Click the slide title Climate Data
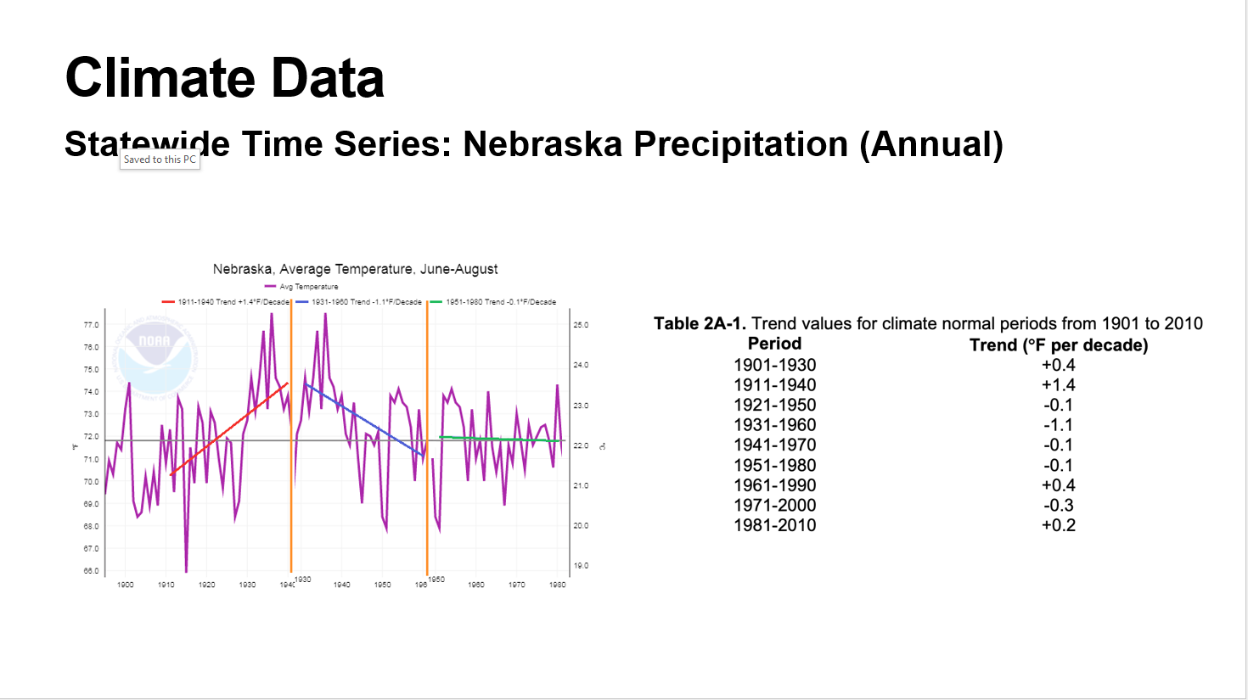[x=225, y=78]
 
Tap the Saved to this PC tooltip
[x=160, y=160]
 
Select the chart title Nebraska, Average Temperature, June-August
[x=355, y=269]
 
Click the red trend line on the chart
[x=229, y=428]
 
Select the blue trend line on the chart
[x=365, y=420]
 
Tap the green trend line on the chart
[x=501, y=439]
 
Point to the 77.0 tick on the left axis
[x=91, y=325]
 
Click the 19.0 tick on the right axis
[x=581, y=566]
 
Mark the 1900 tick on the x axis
[x=126, y=585]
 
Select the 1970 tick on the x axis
[x=517, y=585]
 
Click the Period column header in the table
[x=774, y=344]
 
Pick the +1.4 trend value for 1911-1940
[x=1059, y=385]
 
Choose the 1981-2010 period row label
[x=774, y=525]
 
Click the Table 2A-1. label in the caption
[x=700, y=323]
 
